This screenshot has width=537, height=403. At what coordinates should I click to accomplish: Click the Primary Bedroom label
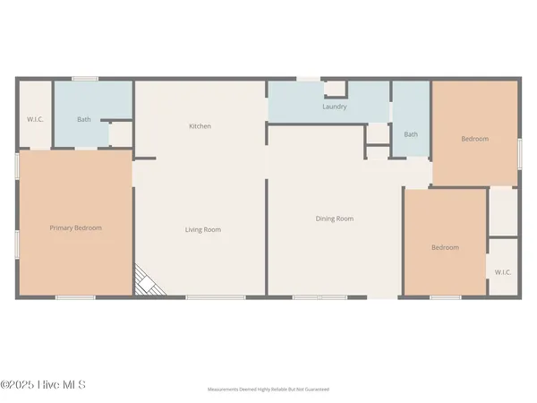[75, 227]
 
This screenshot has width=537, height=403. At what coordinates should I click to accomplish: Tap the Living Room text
[202, 229]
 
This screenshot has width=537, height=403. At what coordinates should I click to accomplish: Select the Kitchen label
[200, 126]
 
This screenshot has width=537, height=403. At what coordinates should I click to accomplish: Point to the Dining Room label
[334, 219]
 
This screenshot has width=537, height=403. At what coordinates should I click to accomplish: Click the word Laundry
[334, 107]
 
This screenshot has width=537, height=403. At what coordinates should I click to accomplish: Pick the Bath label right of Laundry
[411, 134]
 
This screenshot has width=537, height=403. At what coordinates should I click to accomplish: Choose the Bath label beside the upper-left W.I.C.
[84, 119]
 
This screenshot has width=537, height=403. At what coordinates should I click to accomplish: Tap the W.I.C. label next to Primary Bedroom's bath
[36, 119]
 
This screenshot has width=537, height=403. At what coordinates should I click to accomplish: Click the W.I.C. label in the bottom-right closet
[503, 271]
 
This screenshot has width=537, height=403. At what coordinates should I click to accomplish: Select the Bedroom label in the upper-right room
[474, 139]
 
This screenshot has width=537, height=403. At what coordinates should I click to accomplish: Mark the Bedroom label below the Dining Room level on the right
[445, 247]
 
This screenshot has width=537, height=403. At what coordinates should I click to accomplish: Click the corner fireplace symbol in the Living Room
[145, 282]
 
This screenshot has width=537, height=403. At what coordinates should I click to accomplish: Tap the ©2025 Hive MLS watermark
[43, 385]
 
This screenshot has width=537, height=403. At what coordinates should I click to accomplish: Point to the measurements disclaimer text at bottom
[268, 390]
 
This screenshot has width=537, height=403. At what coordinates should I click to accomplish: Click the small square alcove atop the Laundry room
[335, 89]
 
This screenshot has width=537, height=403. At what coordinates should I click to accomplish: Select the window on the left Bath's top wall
[85, 80]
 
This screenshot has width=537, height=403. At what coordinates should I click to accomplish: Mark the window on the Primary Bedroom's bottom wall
[69, 296]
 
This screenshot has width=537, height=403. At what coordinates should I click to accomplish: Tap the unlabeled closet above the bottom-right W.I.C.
[503, 212]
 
